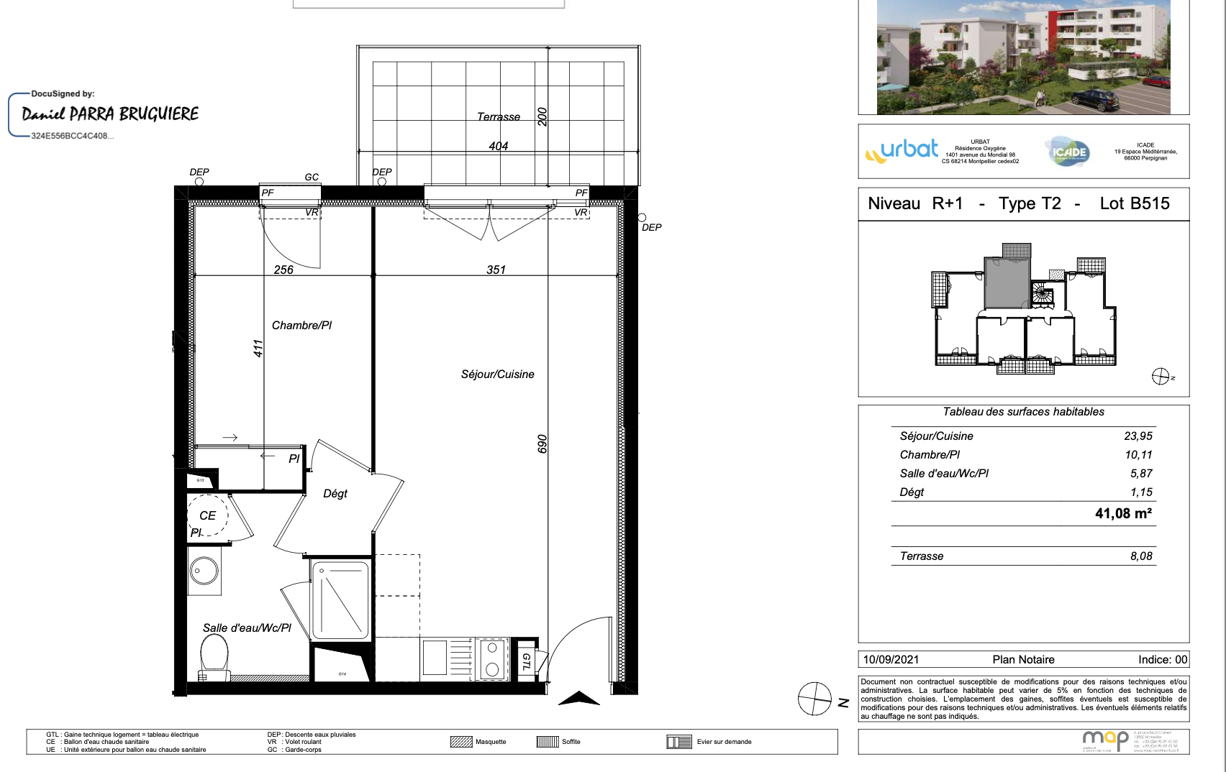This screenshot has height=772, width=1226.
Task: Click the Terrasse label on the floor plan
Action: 498,116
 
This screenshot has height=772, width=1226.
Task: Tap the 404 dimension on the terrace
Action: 498,146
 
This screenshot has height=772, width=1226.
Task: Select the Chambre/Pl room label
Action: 301,325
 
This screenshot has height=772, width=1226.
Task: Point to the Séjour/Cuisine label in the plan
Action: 497,374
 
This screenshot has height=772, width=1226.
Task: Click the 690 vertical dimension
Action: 542,444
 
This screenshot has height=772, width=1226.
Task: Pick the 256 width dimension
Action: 283,270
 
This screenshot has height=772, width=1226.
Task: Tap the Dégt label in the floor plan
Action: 335,493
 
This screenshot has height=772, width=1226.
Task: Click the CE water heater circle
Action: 207,515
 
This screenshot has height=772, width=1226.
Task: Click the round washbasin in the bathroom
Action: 204,571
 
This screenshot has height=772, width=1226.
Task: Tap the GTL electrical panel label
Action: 526,661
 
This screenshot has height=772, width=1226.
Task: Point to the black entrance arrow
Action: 578,698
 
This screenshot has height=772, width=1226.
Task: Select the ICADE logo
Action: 1068,152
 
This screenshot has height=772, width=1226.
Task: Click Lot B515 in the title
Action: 1134,203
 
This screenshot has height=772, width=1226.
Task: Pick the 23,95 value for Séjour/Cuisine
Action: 1138,436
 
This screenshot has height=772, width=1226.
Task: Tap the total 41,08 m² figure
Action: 1122,513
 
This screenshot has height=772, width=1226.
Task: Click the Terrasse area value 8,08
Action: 1140,556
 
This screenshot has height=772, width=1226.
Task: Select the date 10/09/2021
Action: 891,659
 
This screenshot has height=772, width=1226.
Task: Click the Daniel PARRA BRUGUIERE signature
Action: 110,114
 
